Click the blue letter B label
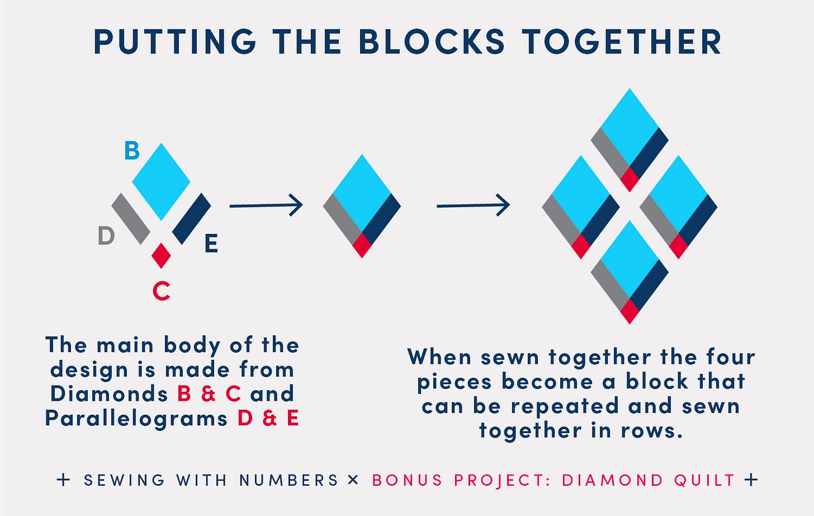[x=132, y=151]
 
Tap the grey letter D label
[x=106, y=236]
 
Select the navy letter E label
[x=211, y=244]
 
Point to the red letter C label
[x=162, y=291]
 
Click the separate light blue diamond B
[x=161, y=181]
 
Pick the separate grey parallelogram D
[x=131, y=219]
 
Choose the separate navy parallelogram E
[x=191, y=219]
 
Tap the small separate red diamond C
[x=161, y=255]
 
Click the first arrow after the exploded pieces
[x=266, y=206]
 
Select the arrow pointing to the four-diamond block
[x=473, y=206]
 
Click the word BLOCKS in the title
[x=432, y=42]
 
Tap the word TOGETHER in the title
[x=622, y=42]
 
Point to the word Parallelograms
[x=136, y=419]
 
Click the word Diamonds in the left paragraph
[x=109, y=394]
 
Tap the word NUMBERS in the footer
[x=289, y=480]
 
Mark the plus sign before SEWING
[x=64, y=480]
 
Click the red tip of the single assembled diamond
[x=362, y=246]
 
